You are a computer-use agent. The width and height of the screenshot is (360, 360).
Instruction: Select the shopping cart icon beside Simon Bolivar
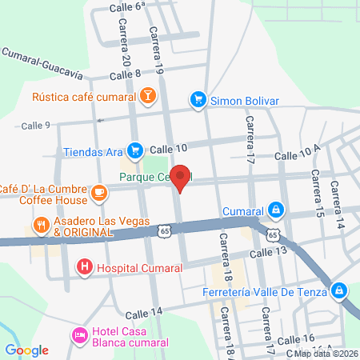198,99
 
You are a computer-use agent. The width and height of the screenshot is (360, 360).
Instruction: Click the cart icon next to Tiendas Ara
134,150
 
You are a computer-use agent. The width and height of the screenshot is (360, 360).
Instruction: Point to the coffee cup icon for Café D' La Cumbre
98,193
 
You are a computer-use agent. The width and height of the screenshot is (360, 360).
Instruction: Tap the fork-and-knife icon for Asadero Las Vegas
41,226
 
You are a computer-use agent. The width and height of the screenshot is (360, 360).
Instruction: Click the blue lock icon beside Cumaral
275,210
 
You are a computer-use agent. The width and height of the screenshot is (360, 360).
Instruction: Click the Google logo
26,350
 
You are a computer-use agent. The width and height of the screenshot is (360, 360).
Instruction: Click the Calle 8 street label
126,74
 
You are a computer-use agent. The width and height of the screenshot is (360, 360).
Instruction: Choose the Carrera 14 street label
341,210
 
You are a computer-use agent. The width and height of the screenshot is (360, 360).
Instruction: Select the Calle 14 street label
144,311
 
